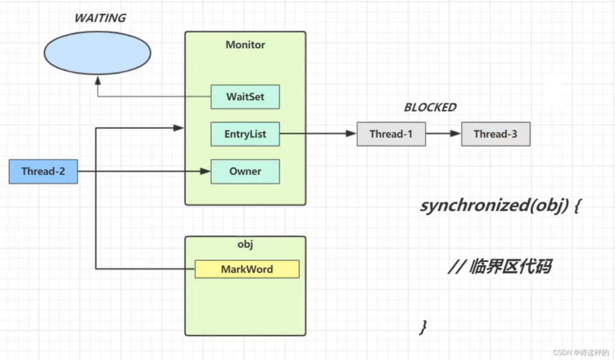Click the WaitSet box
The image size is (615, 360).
(x=245, y=97)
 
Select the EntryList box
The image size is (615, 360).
(x=245, y=134)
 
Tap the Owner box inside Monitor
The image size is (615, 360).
(x=245, y=171)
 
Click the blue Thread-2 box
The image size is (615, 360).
(x=43, y=171)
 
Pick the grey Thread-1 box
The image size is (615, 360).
(x=391, y=134)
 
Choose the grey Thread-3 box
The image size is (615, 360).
(x=495, y=134)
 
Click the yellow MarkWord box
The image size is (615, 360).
(x=247, y=269)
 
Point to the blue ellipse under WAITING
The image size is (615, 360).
(x=97, y=53)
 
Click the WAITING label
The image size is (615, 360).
(x=100, y=18)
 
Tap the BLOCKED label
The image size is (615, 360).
(x=430, y=107)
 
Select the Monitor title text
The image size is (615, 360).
(x=245, y=44)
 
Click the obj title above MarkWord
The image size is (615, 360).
(x=245, y=244)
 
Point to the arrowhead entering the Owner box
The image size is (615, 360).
(x=205, y=171)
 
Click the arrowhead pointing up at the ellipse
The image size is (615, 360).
(x=98, y=81)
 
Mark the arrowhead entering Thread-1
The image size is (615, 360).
(x=351, y=133)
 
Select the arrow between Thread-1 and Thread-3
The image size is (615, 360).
(x=444, y=133)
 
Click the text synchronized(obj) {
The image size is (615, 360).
(x=501, y=206)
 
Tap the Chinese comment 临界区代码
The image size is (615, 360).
(x=510, y=267)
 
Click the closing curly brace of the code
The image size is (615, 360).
(x=423, y=326)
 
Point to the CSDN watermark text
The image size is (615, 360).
(x=581, y=353)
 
